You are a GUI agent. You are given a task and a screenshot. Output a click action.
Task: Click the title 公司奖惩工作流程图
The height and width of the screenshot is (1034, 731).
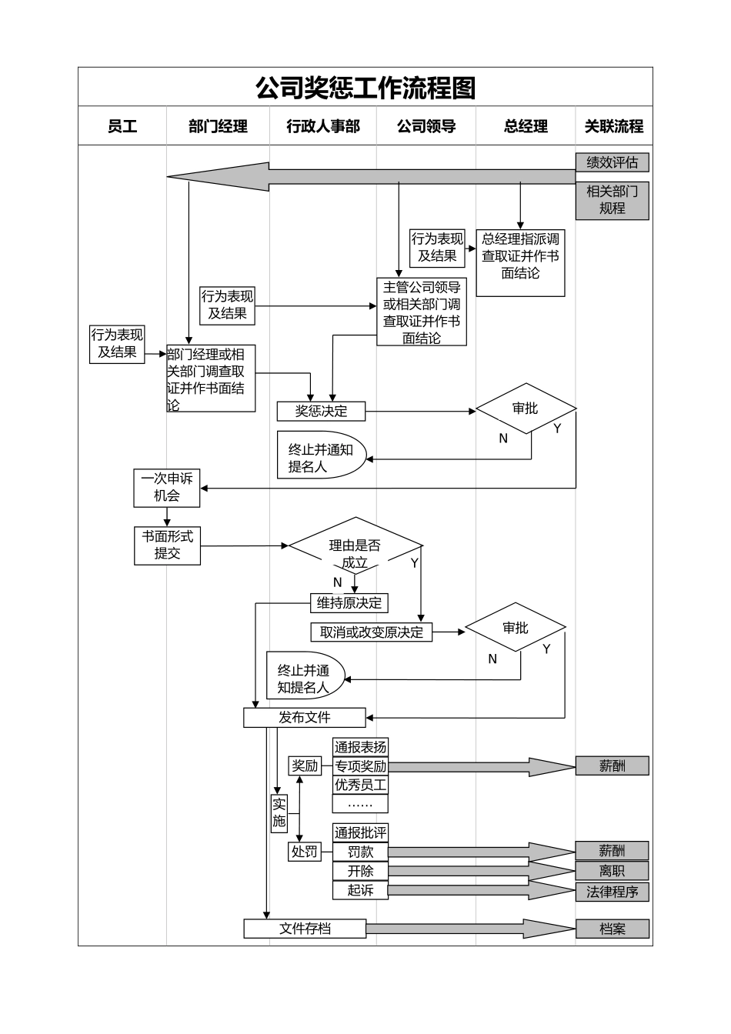(x=365, y=88)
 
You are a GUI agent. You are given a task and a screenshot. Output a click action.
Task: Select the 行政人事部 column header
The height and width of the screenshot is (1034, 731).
(x=323, y=126)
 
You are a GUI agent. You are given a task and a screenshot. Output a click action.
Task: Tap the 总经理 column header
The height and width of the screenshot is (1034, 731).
(x=526, y=126)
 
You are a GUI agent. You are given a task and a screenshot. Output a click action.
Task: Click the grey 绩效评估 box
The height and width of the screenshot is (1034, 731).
(x=612, y=162)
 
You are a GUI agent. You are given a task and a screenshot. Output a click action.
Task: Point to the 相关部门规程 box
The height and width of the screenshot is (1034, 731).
(x=612, y=200)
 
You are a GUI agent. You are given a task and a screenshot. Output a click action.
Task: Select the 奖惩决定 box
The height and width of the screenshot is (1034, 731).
(x=321, y=412)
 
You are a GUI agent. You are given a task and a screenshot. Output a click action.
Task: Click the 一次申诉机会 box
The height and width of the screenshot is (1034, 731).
(x=166, y=488)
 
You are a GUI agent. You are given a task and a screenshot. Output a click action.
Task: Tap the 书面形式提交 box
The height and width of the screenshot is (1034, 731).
(x=167, y=545)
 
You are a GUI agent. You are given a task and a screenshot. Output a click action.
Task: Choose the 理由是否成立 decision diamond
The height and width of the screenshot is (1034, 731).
(x=355, y=552)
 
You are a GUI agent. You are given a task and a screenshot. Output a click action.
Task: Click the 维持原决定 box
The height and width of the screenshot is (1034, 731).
(x=349, y=603)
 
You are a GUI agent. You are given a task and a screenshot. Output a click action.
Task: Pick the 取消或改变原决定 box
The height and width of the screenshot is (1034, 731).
(x=372, y=632)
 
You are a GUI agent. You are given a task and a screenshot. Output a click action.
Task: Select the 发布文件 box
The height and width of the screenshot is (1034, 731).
(x=304, y=718)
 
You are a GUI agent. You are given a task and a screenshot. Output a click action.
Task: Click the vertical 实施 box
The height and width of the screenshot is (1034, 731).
(x=279, y=812)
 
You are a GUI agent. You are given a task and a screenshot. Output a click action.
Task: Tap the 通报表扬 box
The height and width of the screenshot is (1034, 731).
(x=360, y=747)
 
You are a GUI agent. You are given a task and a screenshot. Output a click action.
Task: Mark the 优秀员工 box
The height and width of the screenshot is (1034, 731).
(x=360, y=785)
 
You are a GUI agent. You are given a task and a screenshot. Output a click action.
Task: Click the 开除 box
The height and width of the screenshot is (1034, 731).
(x=360, y=871)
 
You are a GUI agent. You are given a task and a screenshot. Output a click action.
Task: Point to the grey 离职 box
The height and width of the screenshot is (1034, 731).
(x=612, y=871)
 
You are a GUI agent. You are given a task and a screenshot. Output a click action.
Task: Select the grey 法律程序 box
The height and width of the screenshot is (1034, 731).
(x=612, y=892)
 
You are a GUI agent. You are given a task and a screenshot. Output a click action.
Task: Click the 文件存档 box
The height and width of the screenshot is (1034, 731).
(x=304, y=929)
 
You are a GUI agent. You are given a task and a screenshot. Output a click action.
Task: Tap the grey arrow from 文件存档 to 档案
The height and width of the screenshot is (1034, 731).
(x=469, y=929)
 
